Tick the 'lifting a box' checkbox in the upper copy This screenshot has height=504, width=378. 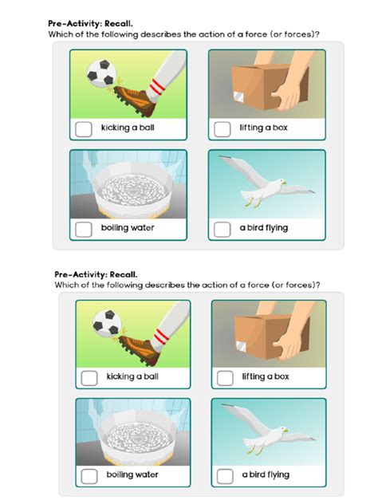pos(222,128)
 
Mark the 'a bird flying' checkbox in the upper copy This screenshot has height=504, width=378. pos(222,229)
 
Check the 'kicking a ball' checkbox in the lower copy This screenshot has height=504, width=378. pos(90,377)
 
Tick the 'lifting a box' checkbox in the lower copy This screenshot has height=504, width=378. pos(226,377)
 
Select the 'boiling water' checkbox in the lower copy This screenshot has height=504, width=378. pos(90,476)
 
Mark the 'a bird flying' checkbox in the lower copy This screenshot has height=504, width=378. pos(226,476)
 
